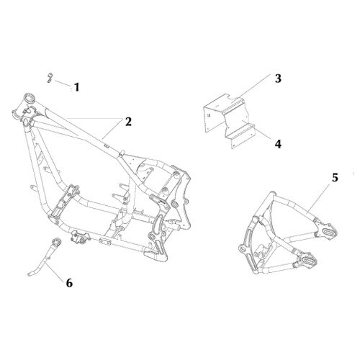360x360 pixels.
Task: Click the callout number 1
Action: click(x=76, y=87)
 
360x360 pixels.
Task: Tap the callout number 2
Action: click(x=128, y=122)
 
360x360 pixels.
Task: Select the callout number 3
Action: click(x=278, y=78)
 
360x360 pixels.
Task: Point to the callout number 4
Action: click(x=278, y=144)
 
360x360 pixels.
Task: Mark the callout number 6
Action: click(x=69, y=283)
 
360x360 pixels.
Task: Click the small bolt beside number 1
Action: click(x=50, y=78)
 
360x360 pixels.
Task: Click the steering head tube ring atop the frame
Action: click(x=30, y=98)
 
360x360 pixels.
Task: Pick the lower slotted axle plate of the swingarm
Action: click(x=307, y=261)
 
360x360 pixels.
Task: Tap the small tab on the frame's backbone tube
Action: click(x=107, y=146)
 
